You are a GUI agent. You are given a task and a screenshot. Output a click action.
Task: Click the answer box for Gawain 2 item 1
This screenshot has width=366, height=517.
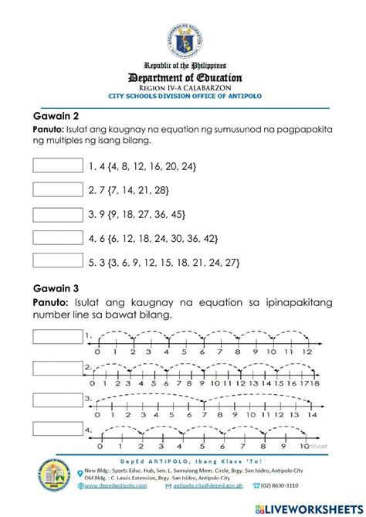coord(58,165)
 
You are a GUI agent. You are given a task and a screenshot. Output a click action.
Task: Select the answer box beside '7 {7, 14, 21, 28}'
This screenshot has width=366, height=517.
coord(58,190)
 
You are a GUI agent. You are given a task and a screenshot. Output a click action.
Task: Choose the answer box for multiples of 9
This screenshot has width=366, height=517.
coord(58,214)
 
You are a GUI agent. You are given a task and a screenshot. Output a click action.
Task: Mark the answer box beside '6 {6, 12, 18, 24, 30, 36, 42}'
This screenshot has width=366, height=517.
coord(58,239)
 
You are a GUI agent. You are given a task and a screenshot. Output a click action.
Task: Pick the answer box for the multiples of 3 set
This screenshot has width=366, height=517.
coord(58,263)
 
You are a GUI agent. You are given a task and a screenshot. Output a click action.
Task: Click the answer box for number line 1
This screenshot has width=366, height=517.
coord(58,336)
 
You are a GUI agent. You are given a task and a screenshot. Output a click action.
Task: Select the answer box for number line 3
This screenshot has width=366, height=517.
coord(58,399)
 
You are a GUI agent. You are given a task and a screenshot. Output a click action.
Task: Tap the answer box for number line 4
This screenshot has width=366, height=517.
coord(58,430)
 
